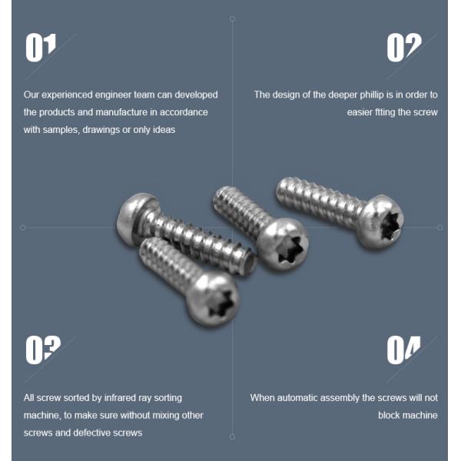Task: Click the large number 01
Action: [x=40, y=48]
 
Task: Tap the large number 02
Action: [x=404, y=48]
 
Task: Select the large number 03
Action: [x=43, y=350]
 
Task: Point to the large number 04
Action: [x=403, y=350]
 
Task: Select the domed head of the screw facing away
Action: [x=134, y=217]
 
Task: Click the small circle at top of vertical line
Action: [x=232, y=19]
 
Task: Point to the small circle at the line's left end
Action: [x=22, y=228]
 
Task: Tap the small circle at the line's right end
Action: [x=439, y=227]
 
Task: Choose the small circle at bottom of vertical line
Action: [x=232, y=437]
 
